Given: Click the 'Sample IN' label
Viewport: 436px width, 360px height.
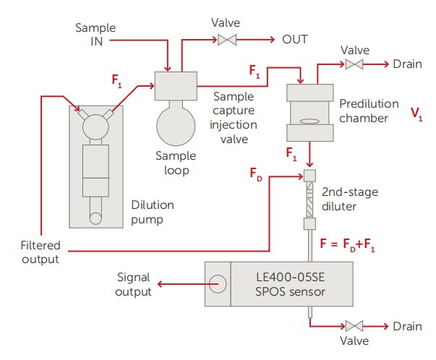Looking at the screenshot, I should tap(95, 33).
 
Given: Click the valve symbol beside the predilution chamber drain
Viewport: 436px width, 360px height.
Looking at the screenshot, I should tap(354, 65).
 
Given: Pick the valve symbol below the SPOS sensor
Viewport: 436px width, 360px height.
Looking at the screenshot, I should tap(354, 326).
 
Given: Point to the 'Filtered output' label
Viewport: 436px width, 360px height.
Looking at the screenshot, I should tap(39, 252).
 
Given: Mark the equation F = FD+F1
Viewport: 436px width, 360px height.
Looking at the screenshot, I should tap(351, 247).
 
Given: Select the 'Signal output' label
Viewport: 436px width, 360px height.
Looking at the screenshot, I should tap(134, 286).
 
